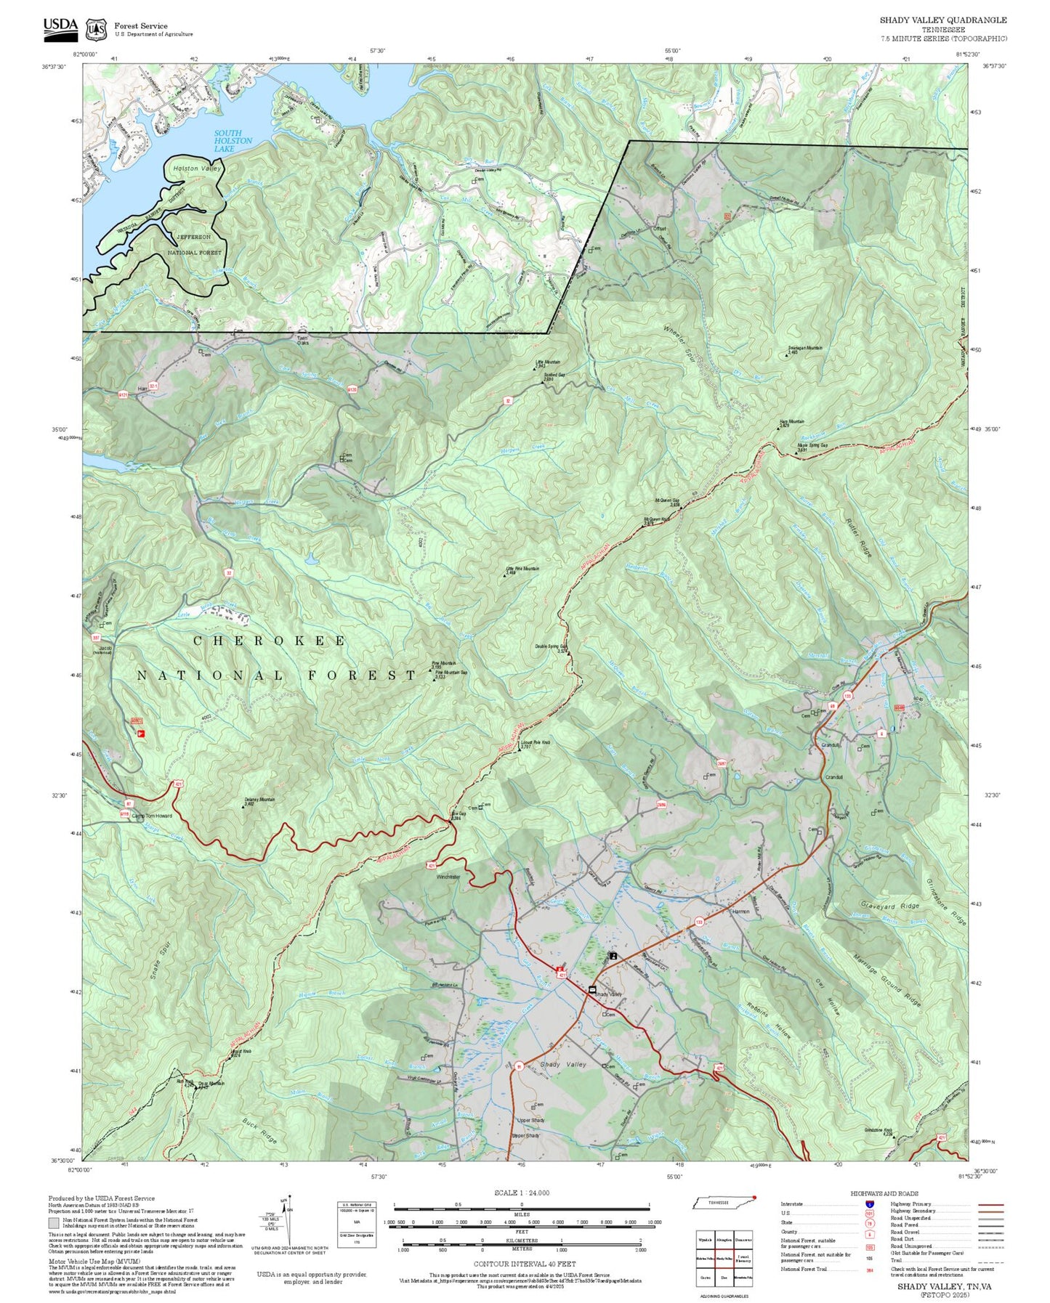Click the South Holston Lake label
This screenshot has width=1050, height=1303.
(233, 141)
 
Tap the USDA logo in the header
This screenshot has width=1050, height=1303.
(60, 27)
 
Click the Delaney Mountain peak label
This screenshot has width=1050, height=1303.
(259, 801)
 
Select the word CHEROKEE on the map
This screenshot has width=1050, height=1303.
(270, 641)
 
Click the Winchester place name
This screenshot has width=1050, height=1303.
(448, 877)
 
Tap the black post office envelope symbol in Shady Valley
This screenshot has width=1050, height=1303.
(591, 989)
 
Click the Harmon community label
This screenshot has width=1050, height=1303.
(740, 911)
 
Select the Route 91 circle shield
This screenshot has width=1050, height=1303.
(519, 1066)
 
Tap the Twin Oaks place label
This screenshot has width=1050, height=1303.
(303, 340)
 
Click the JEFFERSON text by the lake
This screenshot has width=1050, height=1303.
(193, 238)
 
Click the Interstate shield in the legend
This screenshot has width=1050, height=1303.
(869, 1203)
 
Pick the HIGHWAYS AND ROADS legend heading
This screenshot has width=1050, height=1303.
(884, 1193)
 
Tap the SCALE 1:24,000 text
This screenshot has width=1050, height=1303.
(522, 1193)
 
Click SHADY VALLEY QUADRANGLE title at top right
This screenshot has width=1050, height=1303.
(942, 20)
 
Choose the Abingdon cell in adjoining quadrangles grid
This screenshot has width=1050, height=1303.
(724, 1240)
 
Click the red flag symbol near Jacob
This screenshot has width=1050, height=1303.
(142, 734)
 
